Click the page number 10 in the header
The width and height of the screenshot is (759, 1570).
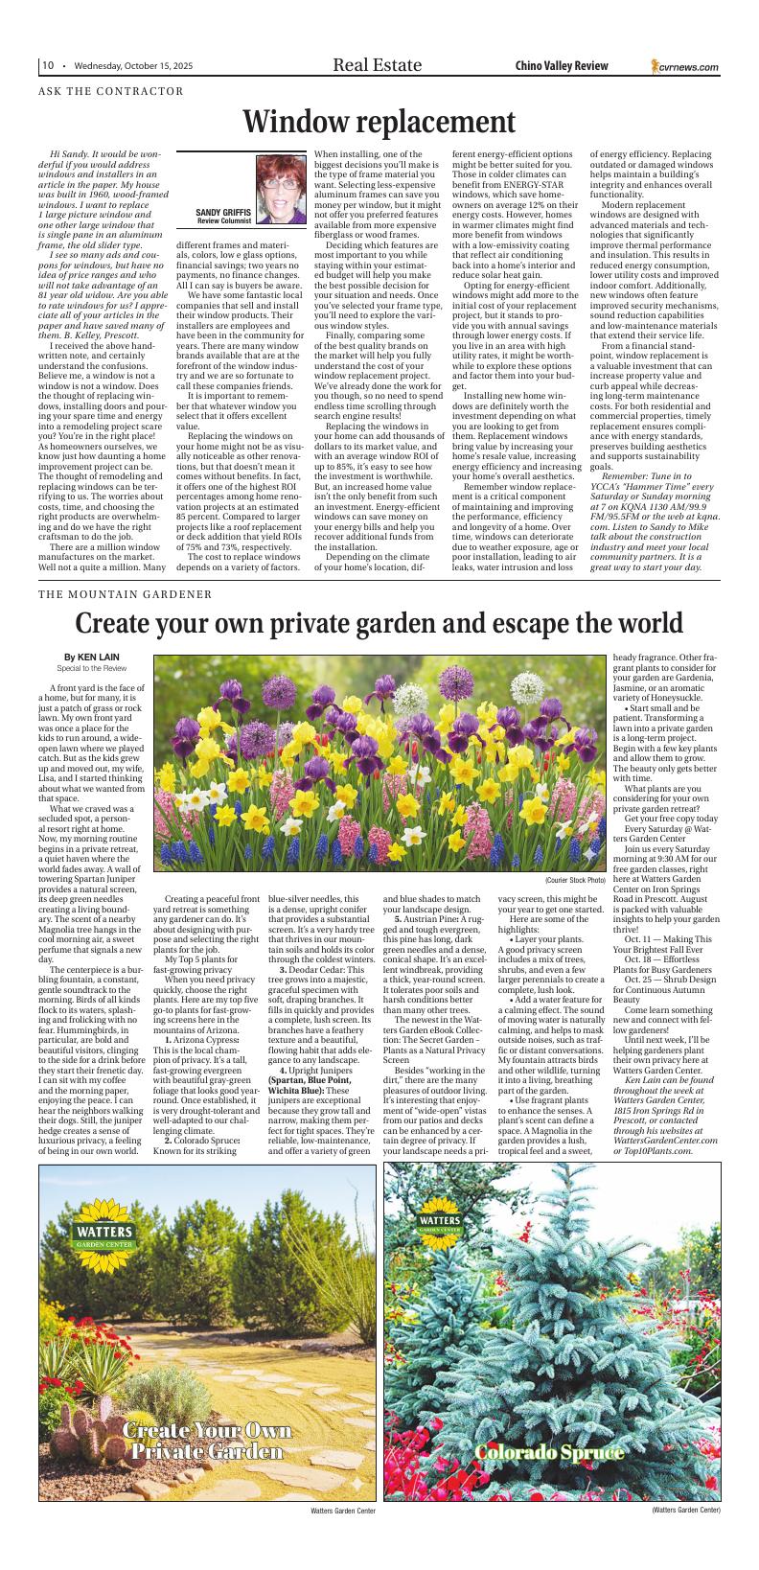[47, 65]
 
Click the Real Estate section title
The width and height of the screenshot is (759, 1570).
[377, 65]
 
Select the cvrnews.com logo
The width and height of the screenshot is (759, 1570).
[684, 66]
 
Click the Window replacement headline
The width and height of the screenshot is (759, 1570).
[379, 123]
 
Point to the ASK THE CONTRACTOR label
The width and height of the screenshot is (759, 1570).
[111, 92]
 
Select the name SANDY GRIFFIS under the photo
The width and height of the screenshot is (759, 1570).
[223, 212]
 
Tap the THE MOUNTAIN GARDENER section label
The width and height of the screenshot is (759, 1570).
[126, 594]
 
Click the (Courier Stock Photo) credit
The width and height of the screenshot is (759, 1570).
[575, 880]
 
